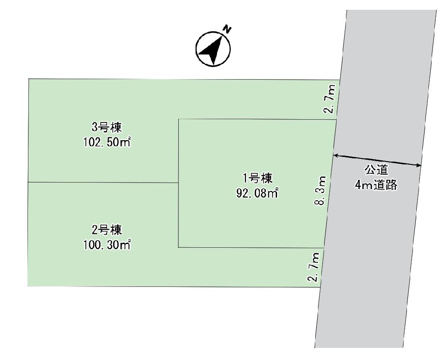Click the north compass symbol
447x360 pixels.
point(213,49)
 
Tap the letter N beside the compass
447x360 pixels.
point(227,29)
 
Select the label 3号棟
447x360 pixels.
point(107,127)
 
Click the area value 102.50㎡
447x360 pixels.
point(107,142)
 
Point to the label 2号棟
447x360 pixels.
point(107,230)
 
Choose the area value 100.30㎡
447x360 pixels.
point(107,245)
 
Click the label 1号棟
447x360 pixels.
point(257,178)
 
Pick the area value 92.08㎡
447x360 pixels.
point(257,193)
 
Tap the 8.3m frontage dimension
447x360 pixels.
point(320,190)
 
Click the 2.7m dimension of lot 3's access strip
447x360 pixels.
point(331,99)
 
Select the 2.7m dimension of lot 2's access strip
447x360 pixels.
point(314,267)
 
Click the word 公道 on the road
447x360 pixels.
point(376,170)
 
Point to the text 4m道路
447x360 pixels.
point(376,185)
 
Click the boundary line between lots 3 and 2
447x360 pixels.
point(103,182)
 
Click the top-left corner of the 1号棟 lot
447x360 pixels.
point(178,119)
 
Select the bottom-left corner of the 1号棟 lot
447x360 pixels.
point(178,247)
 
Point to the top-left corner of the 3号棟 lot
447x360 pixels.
point(29,79)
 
